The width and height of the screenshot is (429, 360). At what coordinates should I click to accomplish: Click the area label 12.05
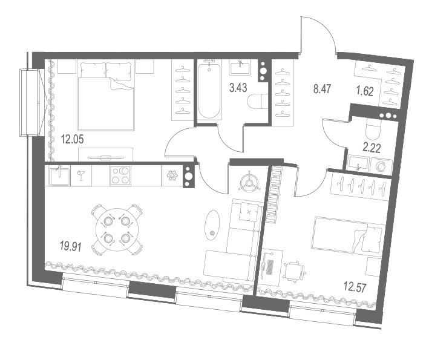pyautogui.click(x=72, y=140)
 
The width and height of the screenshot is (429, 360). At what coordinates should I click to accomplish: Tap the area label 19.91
pyautogui.click(x=71, y=247)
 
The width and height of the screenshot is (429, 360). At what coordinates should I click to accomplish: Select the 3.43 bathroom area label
pyautogui.click(x=238, y=88)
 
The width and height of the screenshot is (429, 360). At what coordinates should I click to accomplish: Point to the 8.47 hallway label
pyautogui.click(x=323, y=89)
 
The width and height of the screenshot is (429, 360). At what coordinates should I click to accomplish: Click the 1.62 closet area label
pyautogui.click(x=365, y=91)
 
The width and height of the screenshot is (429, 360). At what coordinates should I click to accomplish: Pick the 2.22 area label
pyautogui.click(x=372, y=148)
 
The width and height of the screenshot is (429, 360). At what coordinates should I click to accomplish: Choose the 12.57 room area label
pyautogui.click(x=355, y=287)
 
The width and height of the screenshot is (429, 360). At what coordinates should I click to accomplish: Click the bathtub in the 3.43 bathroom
pyautogui.click(x=209, y=90)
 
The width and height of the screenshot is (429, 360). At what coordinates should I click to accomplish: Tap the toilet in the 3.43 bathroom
pyautogui.click(x=257, y=101)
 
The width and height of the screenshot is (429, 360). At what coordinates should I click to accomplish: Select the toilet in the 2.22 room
pyautogui.click(x=373, y=129)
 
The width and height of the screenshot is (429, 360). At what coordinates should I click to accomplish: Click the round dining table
pyautogui.click(x=117, y=230)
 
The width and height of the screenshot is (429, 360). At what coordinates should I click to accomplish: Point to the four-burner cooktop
pyautogui.click(x=120, y=175)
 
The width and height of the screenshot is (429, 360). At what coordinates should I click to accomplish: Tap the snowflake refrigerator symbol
pyautogui.click(x=172, y=175)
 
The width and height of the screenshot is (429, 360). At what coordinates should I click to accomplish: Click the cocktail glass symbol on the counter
pyautogui.click(x=81, y=175)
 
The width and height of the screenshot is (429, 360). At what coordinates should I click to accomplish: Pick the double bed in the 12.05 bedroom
pyautogui.click(x=106, y=96)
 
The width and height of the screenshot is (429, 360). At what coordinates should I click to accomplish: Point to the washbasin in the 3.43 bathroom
pyautogui.click(x=240, y=68)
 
